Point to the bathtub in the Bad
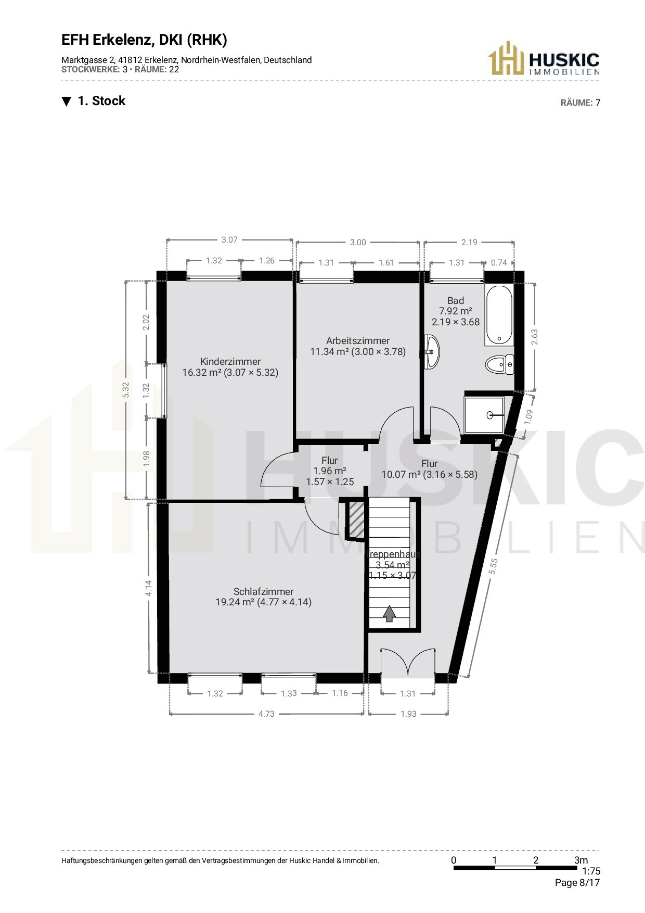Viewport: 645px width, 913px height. [x=499, y=315]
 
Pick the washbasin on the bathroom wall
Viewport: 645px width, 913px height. [x=432, y=352]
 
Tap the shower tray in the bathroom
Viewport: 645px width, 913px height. [x=484, y=415]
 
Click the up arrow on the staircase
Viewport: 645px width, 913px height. [x=389, y=614]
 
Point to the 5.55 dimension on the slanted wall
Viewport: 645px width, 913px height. [x=493, y=566]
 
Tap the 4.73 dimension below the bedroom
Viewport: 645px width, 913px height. [x=266, y=714]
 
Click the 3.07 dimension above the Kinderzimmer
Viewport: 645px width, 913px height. [x=229, y=240]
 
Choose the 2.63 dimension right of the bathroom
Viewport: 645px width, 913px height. [x=534, y=337]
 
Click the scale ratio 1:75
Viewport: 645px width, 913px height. [x=591, y=871]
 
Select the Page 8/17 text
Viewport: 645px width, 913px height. [x=577, y=883]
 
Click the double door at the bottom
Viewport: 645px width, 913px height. [x=408, y=663]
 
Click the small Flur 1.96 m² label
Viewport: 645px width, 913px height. [x=330, y=471]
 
